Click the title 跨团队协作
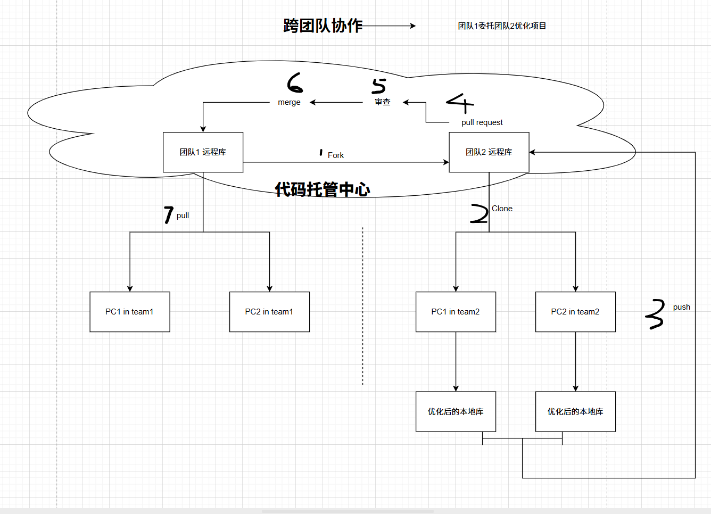tap(323, 26)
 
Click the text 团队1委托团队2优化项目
tap(502, 26)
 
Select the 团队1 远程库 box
tap(203, 152)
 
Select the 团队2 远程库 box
tap(489, 152)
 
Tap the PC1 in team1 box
tap(129, 312)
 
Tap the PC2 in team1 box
tap(269, 312)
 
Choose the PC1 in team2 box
tap(456, 312)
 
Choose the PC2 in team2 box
tap(575, 312)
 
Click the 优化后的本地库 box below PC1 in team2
tap(456, 411)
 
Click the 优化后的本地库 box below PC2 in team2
tap(575, 411)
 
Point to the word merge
tap(289, 102)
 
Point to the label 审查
tap(382, 102)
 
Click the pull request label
tap(482, 122)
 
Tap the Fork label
tap(335, 155)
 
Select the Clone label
tap(502, 209)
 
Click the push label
tap(681, 307)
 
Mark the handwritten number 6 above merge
tap(294, 83)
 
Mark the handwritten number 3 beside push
tap(656, 314)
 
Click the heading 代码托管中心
tap(322, 189)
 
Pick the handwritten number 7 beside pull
tap(168, 214)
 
